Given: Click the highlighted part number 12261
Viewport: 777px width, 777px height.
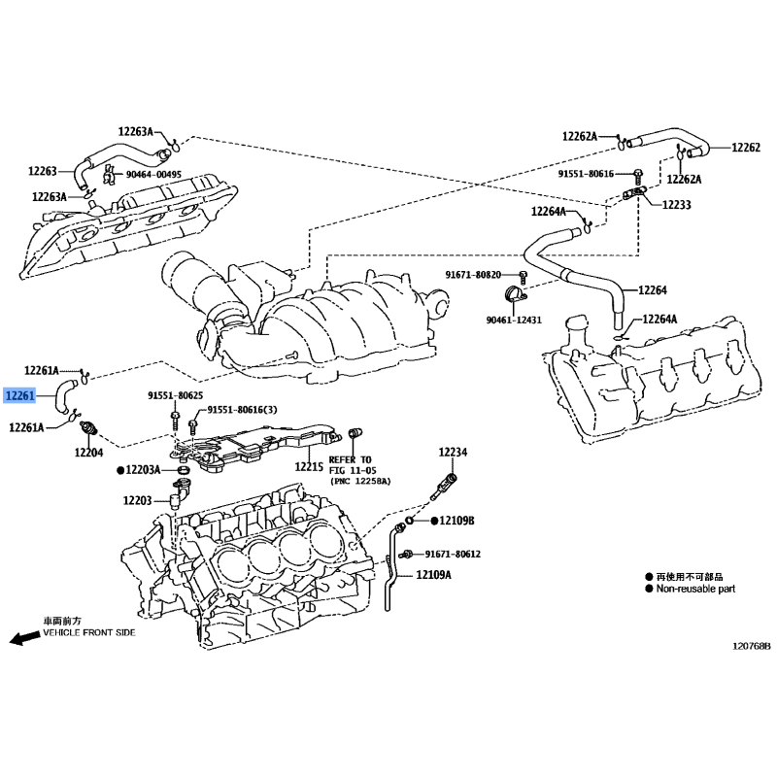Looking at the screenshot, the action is (19, 395).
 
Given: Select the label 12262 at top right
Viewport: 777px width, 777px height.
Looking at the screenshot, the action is (746, 148).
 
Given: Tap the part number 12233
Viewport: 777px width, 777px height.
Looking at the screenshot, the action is (676, 205).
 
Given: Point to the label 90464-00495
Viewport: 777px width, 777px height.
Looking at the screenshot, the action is (153, 175).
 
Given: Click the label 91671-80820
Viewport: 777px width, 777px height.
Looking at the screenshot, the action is (473, 275).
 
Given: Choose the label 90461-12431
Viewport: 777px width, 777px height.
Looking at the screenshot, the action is (514, 321).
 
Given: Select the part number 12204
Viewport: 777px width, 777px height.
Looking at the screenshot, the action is (88, 453).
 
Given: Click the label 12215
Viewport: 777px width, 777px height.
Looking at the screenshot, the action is (309, 466).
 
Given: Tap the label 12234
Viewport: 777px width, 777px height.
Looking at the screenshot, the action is (453, 452).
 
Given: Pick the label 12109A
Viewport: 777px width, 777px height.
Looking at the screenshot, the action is (433, 575).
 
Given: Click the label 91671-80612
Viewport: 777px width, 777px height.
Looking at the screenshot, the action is (453, 554).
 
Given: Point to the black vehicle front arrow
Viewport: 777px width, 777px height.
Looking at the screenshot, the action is (25, 638).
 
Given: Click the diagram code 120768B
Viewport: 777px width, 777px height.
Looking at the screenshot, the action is (752, 646).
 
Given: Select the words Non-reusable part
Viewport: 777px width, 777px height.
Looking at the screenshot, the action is (695, 589).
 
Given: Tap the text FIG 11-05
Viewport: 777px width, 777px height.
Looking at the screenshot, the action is (353, 470).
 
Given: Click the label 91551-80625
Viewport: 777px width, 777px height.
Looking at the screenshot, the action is (176, 395).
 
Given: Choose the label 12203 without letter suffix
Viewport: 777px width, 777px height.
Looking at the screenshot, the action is (137, 500).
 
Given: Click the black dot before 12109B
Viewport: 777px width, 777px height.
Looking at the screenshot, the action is (434, 521).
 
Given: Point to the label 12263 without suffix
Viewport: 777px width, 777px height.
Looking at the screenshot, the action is (43, 171).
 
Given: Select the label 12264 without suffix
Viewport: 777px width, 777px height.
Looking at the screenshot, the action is (653, 289).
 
